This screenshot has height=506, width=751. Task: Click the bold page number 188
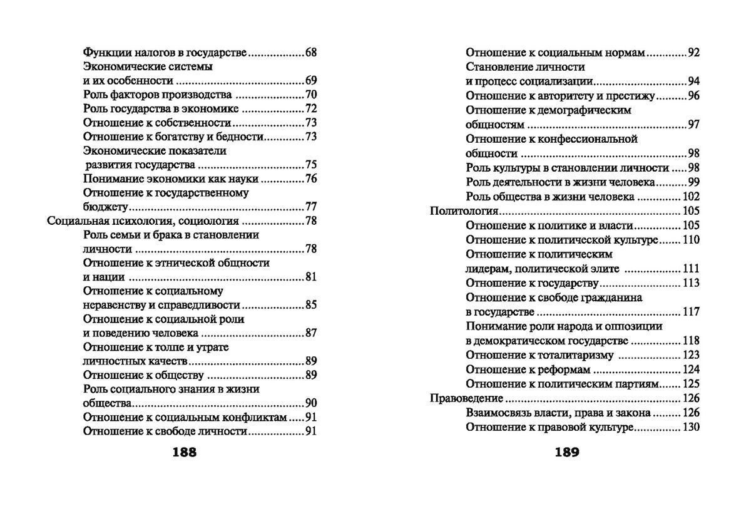(184, 452)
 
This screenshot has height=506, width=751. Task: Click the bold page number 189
(567, 452)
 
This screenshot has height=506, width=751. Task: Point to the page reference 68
(311, 52)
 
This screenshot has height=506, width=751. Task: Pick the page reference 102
(690, 196)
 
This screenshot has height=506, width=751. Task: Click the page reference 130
(690, 427)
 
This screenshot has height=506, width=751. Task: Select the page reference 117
(690, 311)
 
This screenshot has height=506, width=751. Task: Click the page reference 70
(311, 95)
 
